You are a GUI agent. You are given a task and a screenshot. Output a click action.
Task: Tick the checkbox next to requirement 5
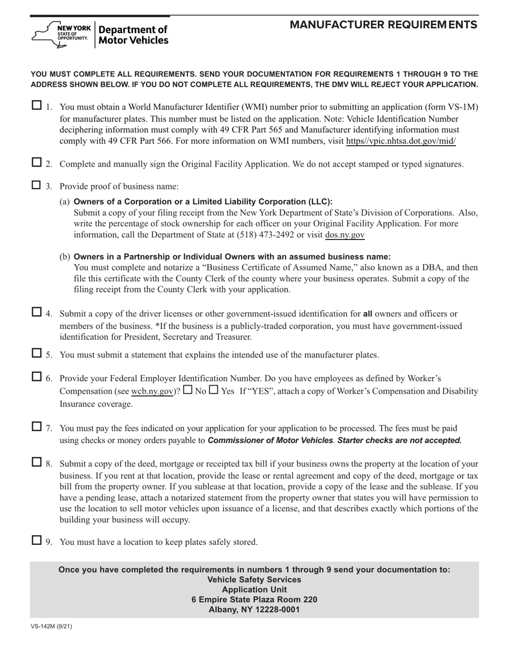pos(37,353)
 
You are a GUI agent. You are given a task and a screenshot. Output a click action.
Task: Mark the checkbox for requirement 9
pos(37,540)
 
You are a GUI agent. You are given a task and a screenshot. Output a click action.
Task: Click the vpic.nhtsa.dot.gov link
pos(401,141)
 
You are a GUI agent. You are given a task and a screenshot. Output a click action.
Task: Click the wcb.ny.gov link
pos(153,391)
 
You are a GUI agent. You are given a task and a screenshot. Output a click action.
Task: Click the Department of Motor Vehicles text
pos(133,35)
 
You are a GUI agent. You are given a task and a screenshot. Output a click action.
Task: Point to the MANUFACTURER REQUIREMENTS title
pos(383,25)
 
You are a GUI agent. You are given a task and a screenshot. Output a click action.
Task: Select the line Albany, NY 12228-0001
pos(254,609)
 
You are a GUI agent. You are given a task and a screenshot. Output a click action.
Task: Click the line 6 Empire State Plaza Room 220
pos(254,600)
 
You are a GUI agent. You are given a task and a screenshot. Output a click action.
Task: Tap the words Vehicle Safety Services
pos(254,580)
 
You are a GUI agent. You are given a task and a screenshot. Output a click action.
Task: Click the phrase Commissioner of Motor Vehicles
pos(270,440)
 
